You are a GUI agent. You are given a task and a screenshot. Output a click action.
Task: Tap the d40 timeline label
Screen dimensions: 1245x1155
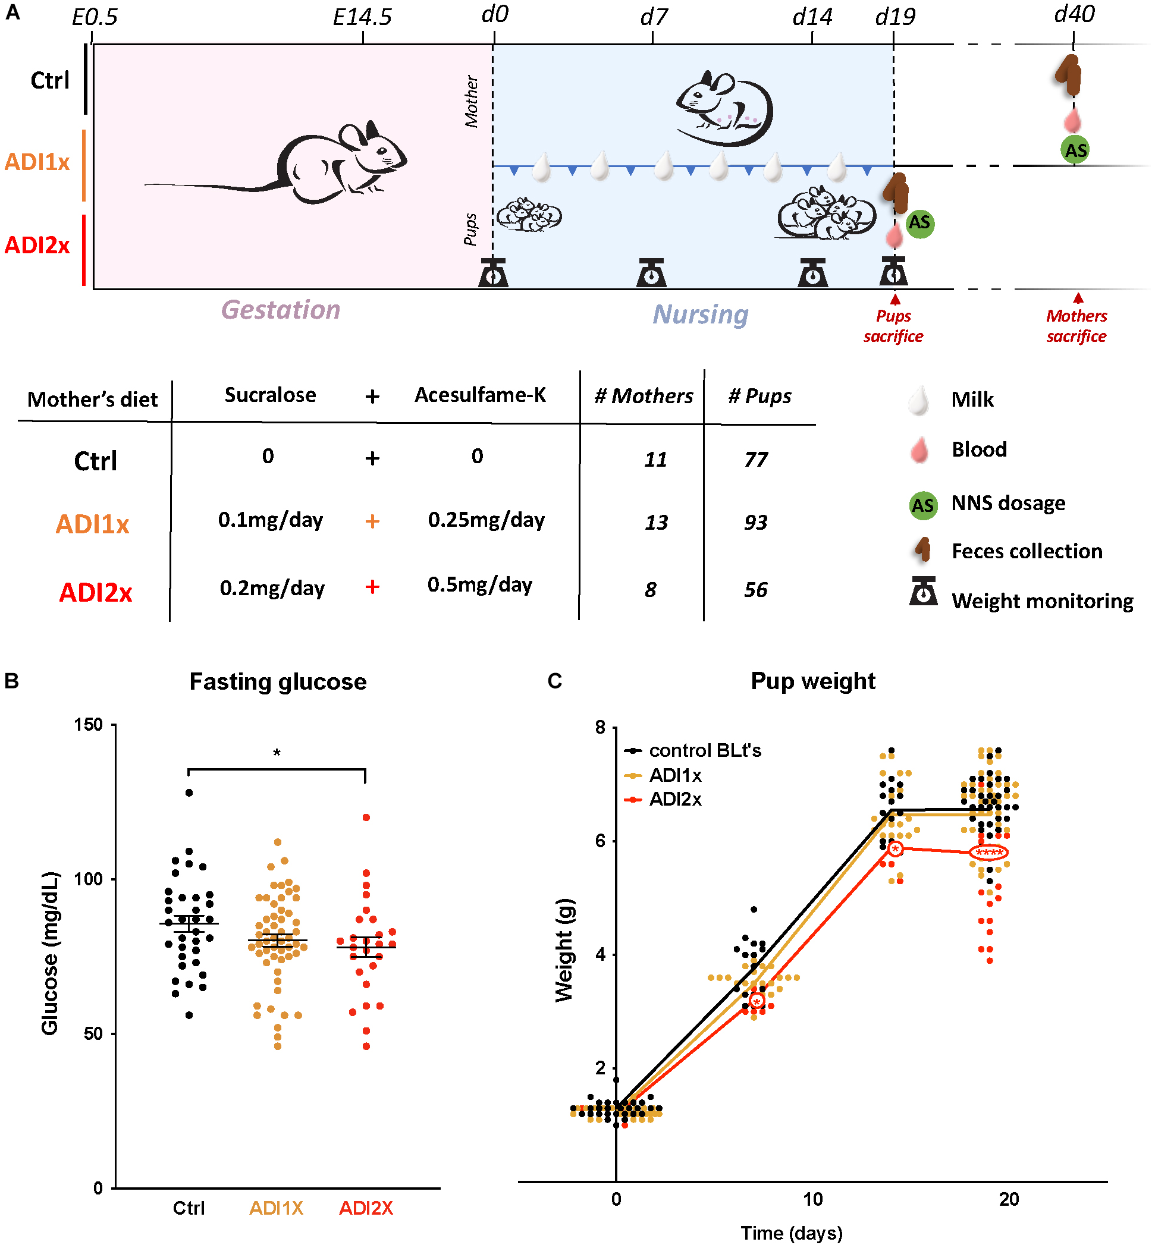point(1074,14)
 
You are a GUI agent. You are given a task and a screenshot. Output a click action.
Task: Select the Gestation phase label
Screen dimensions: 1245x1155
point(281,310)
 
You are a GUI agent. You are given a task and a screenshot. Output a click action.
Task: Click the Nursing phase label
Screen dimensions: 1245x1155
point(700,314)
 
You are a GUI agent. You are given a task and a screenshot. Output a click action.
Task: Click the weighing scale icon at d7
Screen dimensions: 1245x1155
point(651,273)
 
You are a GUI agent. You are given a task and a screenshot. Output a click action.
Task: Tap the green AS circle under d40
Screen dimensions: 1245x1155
point(1075,150)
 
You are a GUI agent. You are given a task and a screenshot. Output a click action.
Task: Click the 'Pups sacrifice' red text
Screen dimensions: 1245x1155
point(893,326)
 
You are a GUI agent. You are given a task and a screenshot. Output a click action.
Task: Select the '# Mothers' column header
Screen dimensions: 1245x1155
point(643,396)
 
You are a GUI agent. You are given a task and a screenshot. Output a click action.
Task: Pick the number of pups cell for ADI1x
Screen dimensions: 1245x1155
point(755,522)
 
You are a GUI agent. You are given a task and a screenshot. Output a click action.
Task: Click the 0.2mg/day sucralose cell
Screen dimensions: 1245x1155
point(272,589)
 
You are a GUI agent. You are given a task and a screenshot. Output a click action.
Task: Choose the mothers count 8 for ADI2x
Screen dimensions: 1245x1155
point(651,590)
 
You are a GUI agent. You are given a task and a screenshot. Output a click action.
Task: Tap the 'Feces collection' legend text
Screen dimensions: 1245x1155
point(1027,551)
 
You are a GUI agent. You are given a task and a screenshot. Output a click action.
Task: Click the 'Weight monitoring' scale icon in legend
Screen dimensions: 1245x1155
point(922,592)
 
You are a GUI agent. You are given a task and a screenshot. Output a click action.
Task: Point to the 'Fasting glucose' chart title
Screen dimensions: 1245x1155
point(278,681)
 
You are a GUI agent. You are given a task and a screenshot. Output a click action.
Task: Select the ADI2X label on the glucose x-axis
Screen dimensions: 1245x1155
point(366,1208)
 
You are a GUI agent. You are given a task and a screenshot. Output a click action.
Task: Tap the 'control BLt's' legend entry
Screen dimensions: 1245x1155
point(704,750)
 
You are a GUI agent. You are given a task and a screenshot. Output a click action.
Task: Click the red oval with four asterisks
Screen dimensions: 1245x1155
point(988,853)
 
